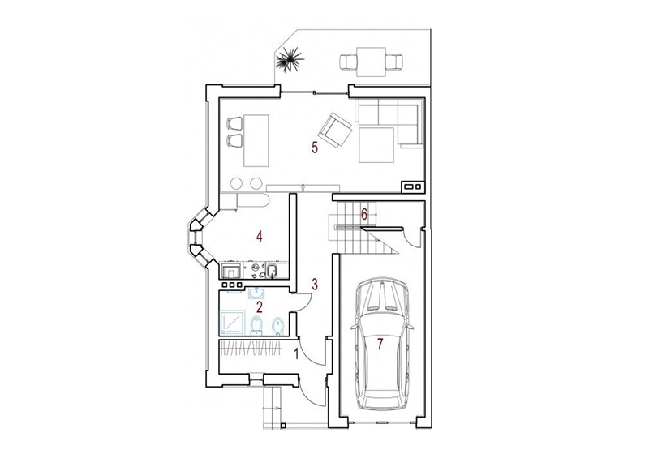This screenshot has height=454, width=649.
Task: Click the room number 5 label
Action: (x=315, y=148)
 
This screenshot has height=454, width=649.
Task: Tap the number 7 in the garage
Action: (x=380, y=344)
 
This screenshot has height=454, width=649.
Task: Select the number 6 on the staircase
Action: (x=363, y=214)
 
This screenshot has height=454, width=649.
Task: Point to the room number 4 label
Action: (x=259, y=237)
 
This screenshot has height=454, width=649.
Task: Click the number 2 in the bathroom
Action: (x=260, y=306)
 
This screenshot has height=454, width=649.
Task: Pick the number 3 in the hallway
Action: (x=315, y=284)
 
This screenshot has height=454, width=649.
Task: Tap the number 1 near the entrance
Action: (x=296, y=354)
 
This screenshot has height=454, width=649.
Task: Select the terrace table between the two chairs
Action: (x=371, y=62)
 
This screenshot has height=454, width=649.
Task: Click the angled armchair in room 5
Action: (x=335, y=131)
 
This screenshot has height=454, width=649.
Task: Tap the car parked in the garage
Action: (x=381, y=343)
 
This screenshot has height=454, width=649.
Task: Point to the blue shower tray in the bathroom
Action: (x=233, y=323)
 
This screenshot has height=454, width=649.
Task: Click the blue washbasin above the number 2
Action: (x=257, y=293)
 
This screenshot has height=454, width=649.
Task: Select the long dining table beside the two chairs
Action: (x=256, y=140)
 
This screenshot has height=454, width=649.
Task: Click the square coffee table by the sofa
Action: (x=376, y=145)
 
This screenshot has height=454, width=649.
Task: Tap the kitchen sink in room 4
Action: (x=272, y=271)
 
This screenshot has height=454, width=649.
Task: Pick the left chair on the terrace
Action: (x=348, y=62)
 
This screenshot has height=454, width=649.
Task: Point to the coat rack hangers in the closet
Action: (x=250, y=349)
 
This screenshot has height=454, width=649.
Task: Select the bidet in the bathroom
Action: (x=277, y=325)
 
